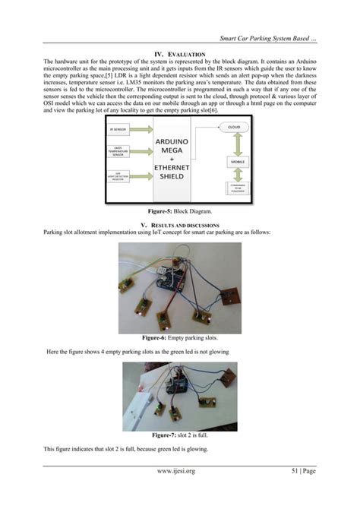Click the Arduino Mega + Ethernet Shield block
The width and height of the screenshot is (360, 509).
pyautogui.click(x=178, y=157)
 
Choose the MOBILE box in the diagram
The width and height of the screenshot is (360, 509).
pyautogui.click(x=236, y=161)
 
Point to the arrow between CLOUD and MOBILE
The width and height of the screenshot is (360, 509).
pyautogui.click(x=238, y=144)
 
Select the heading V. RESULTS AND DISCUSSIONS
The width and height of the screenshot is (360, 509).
pyautogui.click(x=180, y=225)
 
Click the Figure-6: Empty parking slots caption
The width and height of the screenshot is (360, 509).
pyautogui.click(x=180, y=338)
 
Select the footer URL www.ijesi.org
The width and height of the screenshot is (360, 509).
pyautogui.click(x=179, y=471)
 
